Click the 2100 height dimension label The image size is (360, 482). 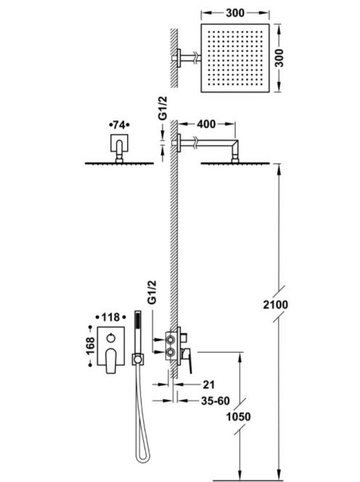coord(276,305)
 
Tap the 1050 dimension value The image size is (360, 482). coord(238,417)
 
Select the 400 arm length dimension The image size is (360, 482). coord(206,124)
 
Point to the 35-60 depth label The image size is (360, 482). coord(216,401)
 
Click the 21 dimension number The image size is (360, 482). coord(209,385)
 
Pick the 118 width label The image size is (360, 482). coord(110,317)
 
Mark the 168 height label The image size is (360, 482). coord(91,346)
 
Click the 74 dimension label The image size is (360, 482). coord(119,125)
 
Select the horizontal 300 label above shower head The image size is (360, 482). coord(235,13)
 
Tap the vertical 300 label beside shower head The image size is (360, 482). coord(279,58)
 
